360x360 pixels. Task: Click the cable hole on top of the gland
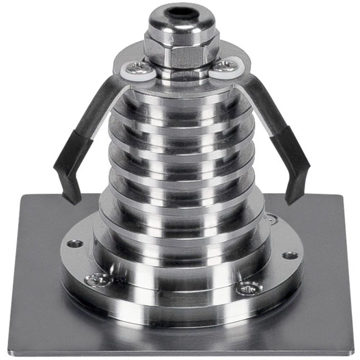pos(182,14)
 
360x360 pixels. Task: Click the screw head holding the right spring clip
pos(226,67)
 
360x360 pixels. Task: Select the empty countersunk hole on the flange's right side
pos(290,256)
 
